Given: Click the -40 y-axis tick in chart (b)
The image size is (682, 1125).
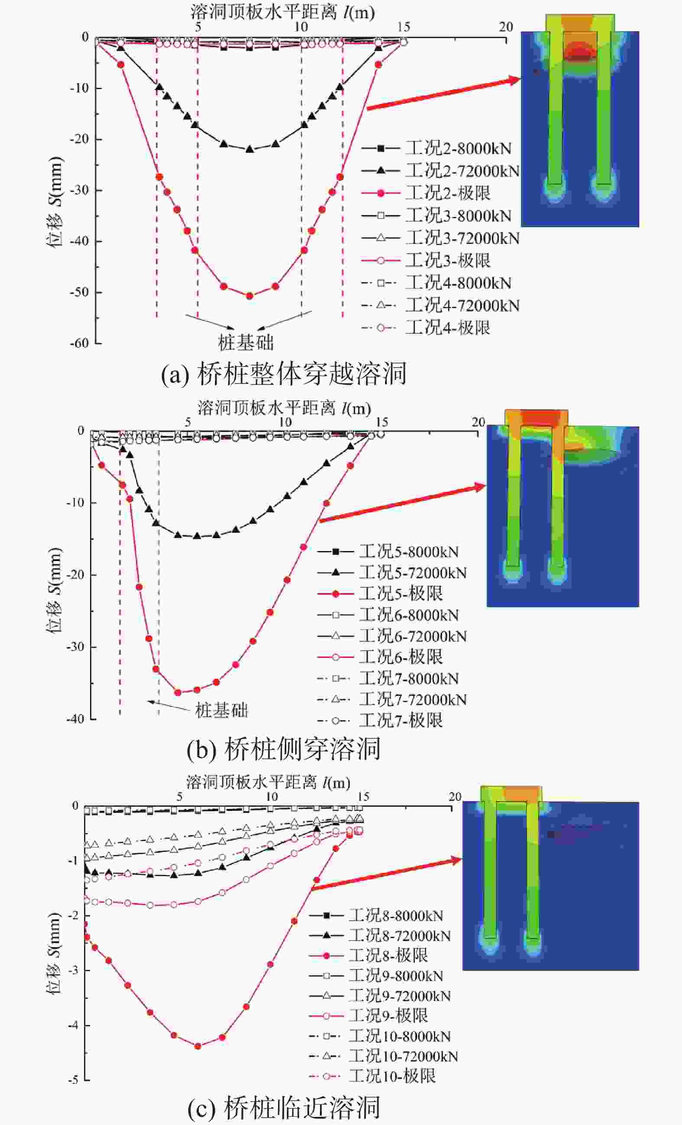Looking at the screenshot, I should click(75, 719).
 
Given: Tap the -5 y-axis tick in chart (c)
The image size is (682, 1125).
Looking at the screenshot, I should click(73, 1080).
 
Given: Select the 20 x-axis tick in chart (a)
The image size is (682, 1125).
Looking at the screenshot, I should click(506, 27).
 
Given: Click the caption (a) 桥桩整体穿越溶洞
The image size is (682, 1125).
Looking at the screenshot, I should click(283, 374).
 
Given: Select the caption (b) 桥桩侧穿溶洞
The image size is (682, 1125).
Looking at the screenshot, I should click(283, 749).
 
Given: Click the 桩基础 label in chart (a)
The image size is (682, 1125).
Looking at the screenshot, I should click(246, 342).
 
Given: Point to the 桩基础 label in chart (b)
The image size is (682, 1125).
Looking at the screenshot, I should click(222, 710).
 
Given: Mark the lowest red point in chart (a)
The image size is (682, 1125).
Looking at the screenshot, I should click(249, 296).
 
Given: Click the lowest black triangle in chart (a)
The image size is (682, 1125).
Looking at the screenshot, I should click(249, 149).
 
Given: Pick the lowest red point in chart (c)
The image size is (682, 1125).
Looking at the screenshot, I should click(198, 1046).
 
